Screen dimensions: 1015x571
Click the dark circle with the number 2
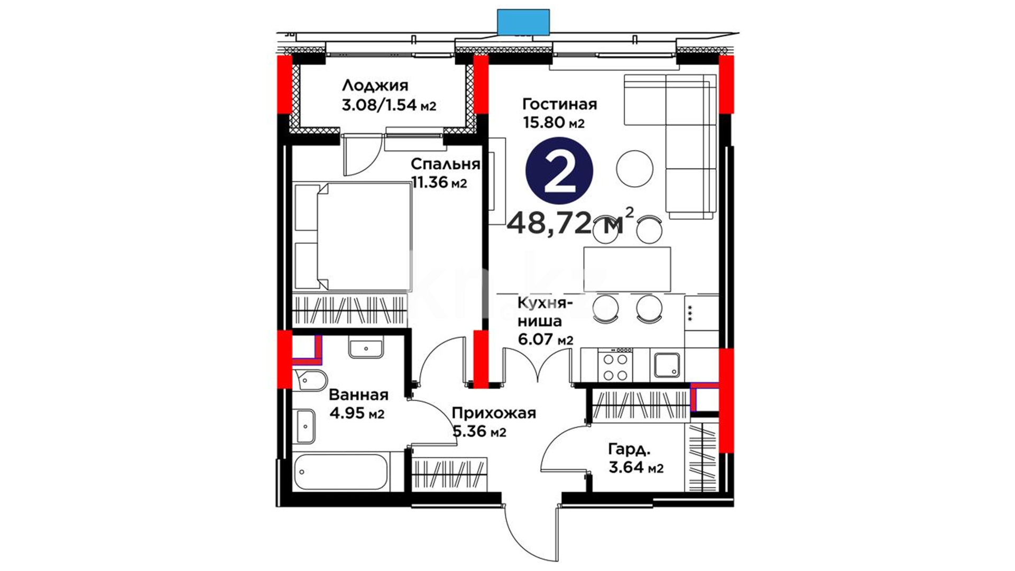click(x=559, y=171)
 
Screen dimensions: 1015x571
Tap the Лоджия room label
click(x=375, y=86)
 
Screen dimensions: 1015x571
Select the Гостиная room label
click(x=559, y=104)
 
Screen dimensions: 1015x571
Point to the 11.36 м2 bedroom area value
click(x=439, y=183)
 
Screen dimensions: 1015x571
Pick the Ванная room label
click(x=358, y=395)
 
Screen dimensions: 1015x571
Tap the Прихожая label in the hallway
click(x=494, y=413)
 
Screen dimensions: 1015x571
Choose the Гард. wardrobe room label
click(x=629, y=450)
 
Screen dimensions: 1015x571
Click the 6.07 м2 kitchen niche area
click(x=546, y=339)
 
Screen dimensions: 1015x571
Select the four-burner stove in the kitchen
click(x=615, y=364)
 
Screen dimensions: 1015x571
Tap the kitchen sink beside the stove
click(x=667, y=365)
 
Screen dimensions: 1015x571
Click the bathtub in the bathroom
click(x=340, y=472)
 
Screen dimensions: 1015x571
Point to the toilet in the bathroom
click(x=310, y=380)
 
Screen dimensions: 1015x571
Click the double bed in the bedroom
click(x=352, y=236)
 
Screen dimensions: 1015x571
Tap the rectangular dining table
click(x=627, y=269)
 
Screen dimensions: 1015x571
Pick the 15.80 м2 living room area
click(x=553, y=123)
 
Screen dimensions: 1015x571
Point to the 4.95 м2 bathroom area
click(x=356, y=413)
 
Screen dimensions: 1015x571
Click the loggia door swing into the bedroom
click(x=361, y=155)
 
